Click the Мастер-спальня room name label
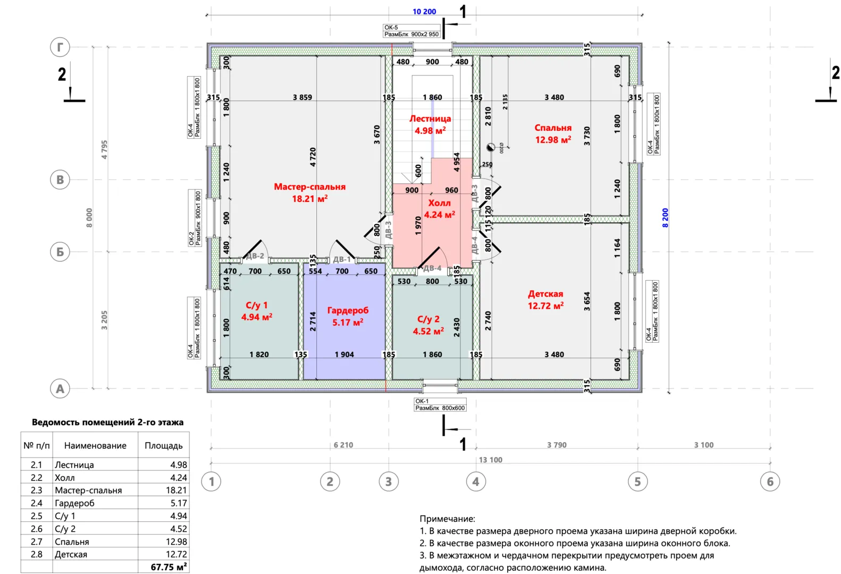309,187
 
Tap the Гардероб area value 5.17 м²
348,323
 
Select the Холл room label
439,202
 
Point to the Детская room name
545,294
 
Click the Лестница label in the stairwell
430,119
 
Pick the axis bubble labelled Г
60,47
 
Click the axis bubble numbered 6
770,482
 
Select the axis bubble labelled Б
60,251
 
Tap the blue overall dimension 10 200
424,12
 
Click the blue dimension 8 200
665,218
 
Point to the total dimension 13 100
490,460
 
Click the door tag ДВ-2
255,256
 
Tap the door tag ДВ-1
342,259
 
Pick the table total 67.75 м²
169,567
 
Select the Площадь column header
163,445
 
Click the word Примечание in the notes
447,519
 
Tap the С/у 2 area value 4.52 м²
428,332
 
